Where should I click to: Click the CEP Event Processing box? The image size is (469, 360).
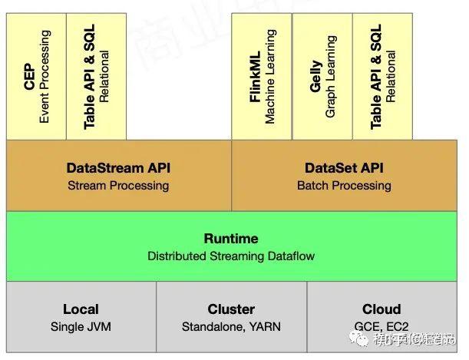point(36,77)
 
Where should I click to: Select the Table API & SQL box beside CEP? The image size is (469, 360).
point(97,77)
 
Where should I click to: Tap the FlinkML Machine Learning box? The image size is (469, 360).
point(262,77)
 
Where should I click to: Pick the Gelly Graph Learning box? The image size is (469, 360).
point(322,77)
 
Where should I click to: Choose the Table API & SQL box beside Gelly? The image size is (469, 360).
point(383,77)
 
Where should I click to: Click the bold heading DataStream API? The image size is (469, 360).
point(118,168)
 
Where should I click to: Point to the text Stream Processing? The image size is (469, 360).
point(118,186)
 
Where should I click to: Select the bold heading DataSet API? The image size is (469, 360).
point(344,168)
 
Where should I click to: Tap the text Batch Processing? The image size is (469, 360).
point(344,186)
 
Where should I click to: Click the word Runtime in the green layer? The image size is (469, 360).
point(231,239)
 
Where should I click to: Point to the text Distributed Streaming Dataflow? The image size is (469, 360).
point(231,256)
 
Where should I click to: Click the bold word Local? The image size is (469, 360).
point(81,309)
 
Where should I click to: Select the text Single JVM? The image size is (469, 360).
point(81,327)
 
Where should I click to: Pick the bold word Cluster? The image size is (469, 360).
point(231,309)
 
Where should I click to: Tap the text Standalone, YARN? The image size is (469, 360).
point(231,327)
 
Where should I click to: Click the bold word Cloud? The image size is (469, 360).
point(381,309)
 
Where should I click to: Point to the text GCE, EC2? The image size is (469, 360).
point(381,327)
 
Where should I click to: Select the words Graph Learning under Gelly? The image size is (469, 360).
point(331,77)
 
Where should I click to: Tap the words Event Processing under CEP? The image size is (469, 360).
point(45,77)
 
